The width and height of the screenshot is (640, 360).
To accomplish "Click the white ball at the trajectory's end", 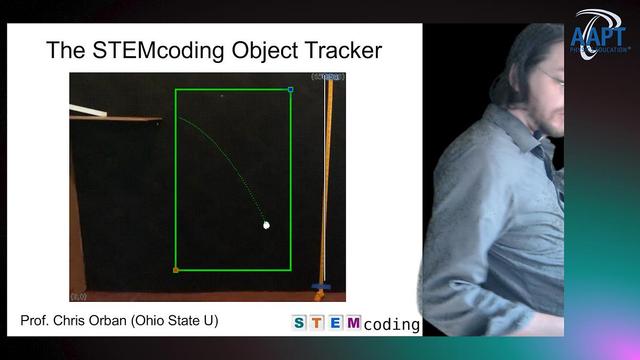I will (x=267, y=225).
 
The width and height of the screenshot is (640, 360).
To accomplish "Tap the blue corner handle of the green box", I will (x=290, y=90).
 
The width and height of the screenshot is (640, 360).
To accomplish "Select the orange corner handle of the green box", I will (x=176, y=269).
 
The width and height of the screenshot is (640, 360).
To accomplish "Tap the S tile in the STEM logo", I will (x=300, y=322).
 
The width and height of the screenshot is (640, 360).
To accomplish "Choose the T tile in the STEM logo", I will (x=317, y=322).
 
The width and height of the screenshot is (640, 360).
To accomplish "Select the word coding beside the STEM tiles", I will (x=391, y=324).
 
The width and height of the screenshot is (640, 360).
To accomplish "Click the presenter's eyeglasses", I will (x=551, y=77).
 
